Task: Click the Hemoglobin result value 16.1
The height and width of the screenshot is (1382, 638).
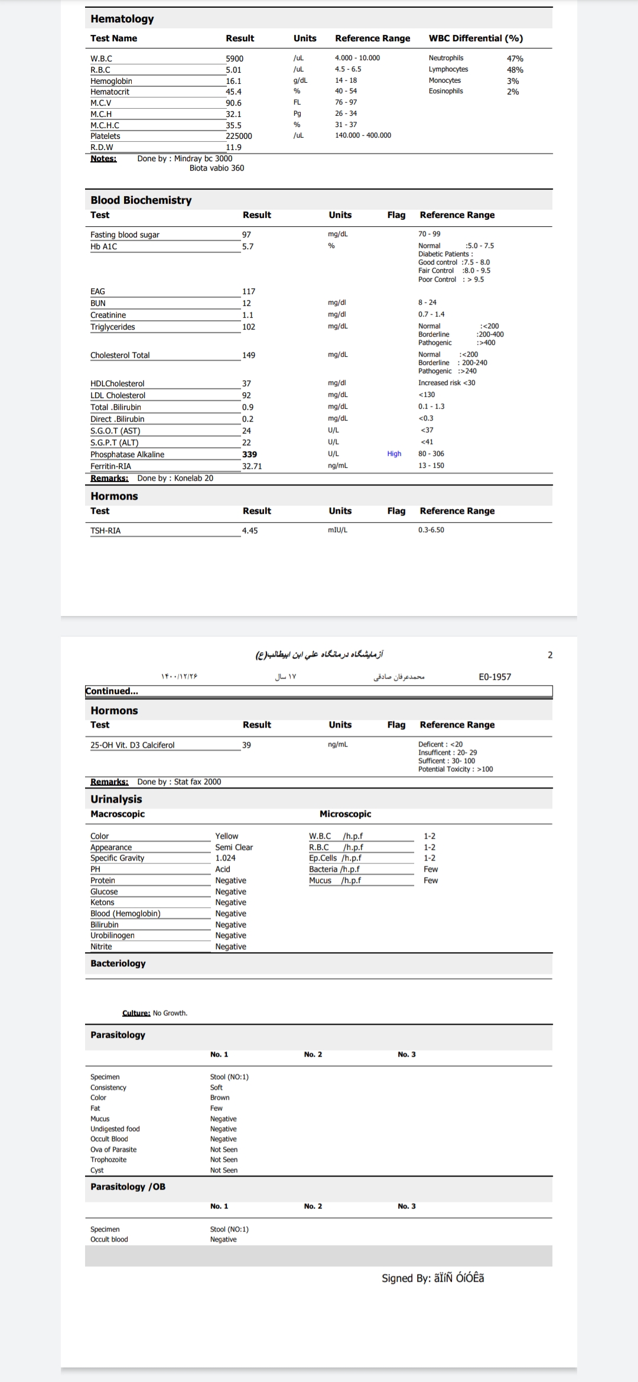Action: click(233, 81)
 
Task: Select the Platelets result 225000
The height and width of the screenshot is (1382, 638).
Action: click(239, 136)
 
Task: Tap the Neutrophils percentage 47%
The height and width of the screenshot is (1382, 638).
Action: click(515, 58)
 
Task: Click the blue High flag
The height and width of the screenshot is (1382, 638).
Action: click(394, 454)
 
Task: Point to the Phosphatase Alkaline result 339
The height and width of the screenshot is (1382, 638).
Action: click(249, 454)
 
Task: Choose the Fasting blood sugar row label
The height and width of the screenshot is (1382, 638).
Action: click(125, 234)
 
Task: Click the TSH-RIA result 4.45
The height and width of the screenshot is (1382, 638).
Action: click(250, 530)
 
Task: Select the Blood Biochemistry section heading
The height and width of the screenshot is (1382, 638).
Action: click(141, 200)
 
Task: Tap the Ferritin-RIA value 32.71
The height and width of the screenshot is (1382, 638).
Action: click(252, 466)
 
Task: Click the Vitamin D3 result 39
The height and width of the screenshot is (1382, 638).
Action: click(246, 745)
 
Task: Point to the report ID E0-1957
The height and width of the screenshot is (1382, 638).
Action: click(494, 677)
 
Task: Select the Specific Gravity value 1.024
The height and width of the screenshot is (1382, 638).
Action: click(225, 858)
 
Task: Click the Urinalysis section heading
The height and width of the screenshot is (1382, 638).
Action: click(116, 799)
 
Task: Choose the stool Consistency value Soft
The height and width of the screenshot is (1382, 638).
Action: click(216, 1087)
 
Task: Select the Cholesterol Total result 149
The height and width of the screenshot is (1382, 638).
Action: click(249, 355)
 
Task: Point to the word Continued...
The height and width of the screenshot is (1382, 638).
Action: click(112, 691)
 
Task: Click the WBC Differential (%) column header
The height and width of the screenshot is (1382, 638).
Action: click(476, 38)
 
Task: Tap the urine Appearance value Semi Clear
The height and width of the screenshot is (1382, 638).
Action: click(234, 847)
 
